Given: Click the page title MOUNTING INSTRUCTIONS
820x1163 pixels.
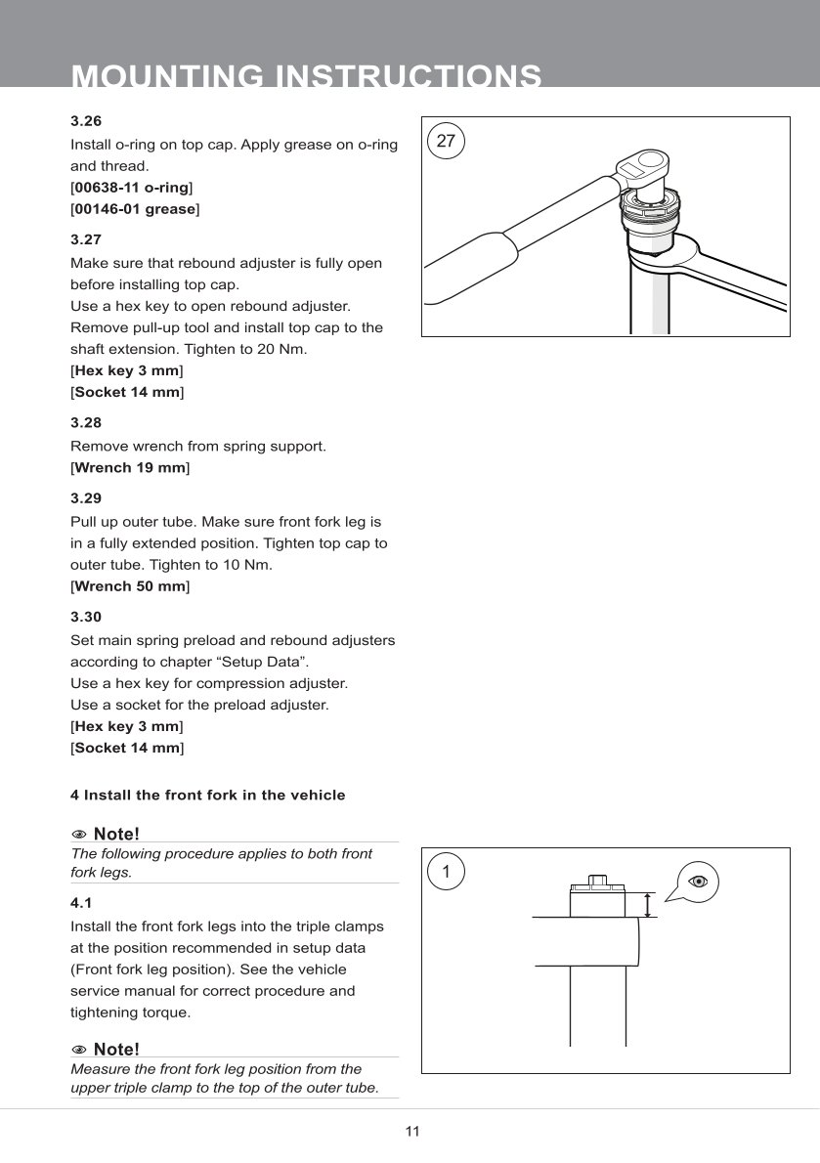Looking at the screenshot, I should tap(307, 76).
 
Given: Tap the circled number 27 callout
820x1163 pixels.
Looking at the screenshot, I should tap(446, 141).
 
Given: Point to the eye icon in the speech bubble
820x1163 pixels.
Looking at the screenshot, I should tap(698, 882).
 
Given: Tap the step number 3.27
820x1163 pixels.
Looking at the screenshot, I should tap(86, 238).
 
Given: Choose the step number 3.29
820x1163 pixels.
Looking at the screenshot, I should tap(86, 497).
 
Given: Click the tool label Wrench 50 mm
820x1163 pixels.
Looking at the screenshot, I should tap(130, 586).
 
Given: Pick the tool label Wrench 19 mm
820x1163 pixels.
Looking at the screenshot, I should tap(130, 468).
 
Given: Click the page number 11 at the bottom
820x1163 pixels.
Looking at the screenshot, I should tap(411, 1132).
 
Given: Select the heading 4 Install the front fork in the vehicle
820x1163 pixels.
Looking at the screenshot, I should tap(208, 796).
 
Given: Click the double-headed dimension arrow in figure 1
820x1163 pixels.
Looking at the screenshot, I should tap(646, 905).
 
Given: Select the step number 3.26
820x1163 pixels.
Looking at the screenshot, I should tap(86, 121).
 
